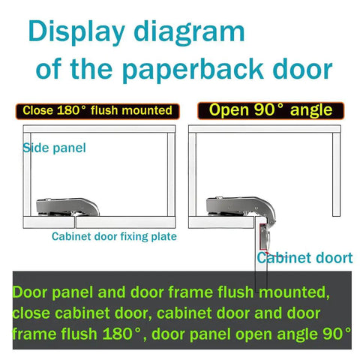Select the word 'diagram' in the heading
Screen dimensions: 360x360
click(x=196, y=32)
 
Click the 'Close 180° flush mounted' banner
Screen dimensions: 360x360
click(x=97, y=111)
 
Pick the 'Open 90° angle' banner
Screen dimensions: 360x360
click(x=270, y=110)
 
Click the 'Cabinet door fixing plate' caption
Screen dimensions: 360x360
click(x=114, y=237)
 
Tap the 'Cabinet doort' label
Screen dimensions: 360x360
click(x=304, y=258)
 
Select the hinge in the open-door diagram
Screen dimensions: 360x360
click(x=236, y=206)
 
